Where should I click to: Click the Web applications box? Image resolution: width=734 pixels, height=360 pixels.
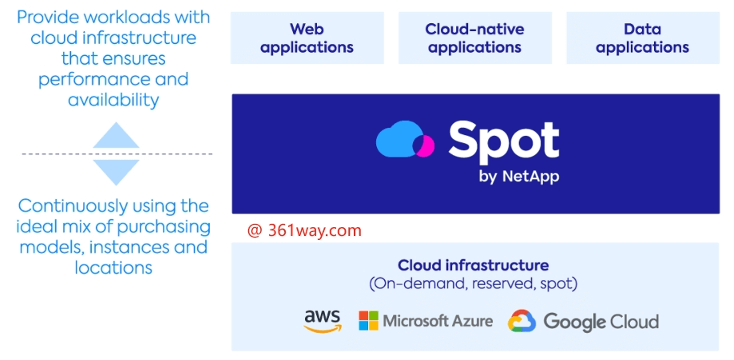click(307, 38)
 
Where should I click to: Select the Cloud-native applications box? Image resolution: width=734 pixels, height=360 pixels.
click(475, 38)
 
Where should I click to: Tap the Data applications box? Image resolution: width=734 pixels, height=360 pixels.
click(642, 38)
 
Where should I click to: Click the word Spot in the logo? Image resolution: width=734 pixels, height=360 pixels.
click(503, 142)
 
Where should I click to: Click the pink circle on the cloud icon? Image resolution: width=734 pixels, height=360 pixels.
click(424, 146)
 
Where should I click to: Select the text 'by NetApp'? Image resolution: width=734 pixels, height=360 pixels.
click(518, 177)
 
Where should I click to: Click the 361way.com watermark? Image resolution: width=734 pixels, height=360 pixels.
click(305, 231)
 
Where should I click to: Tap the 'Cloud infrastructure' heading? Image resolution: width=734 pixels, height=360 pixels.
click(473, 266)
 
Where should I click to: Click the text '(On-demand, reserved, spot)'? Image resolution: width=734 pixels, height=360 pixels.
click(473, 283)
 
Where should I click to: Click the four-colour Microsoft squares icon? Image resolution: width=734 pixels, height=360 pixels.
click(368, 321)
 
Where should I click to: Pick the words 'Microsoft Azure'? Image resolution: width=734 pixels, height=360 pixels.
click(438, 322)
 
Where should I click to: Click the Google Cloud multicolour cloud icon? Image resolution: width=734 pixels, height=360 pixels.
click(522, 322)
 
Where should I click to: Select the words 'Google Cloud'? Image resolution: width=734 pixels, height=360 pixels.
click(601, 322)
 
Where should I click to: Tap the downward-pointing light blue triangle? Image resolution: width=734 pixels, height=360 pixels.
click(117, 171)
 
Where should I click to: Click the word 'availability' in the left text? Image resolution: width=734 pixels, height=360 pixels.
click(114, 100)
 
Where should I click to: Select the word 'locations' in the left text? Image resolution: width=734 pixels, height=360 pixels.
click(114, 268)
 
